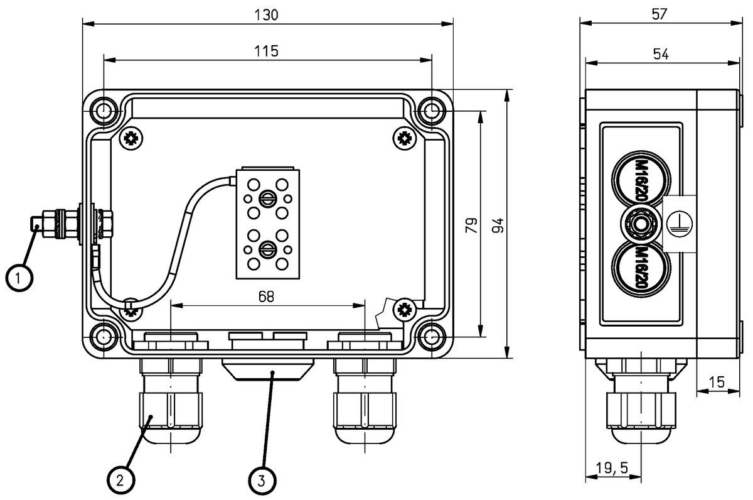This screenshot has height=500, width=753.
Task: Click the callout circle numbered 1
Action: [20, 277]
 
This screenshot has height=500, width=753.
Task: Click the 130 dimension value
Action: [267, 14]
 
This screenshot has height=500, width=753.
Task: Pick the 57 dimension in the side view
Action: [660, 14]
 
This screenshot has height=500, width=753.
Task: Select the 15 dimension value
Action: [715, 381]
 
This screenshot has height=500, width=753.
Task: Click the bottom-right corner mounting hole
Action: [432, 337]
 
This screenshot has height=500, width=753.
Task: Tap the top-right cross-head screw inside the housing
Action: [404, 138]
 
